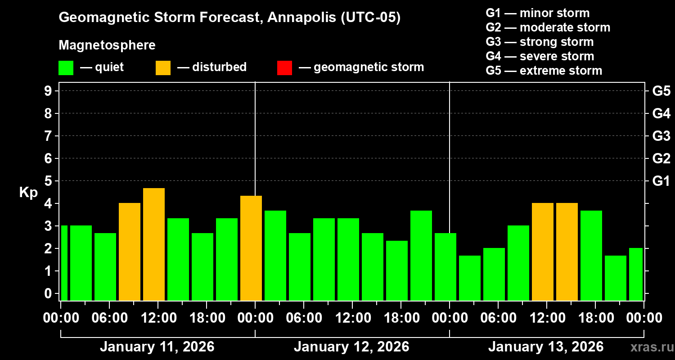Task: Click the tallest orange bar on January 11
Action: (154, 244)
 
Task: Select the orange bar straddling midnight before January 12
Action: (251, 247)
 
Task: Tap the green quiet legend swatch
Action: (66, 67)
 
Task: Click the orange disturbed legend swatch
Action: (163, 67)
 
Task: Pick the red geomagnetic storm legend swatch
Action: (284, 67)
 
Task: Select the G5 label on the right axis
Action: (661, 91)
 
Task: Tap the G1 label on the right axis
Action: (661, 181)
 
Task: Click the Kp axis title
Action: (28, 193)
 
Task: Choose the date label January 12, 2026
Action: (351, 347)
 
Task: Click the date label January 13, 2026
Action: (546, 347)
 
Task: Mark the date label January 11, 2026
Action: (157, 347)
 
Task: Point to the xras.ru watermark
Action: (649, 347)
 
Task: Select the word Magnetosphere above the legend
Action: (107, 45)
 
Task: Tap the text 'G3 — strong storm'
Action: (540, 42)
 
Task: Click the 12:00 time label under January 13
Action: (546, 318)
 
